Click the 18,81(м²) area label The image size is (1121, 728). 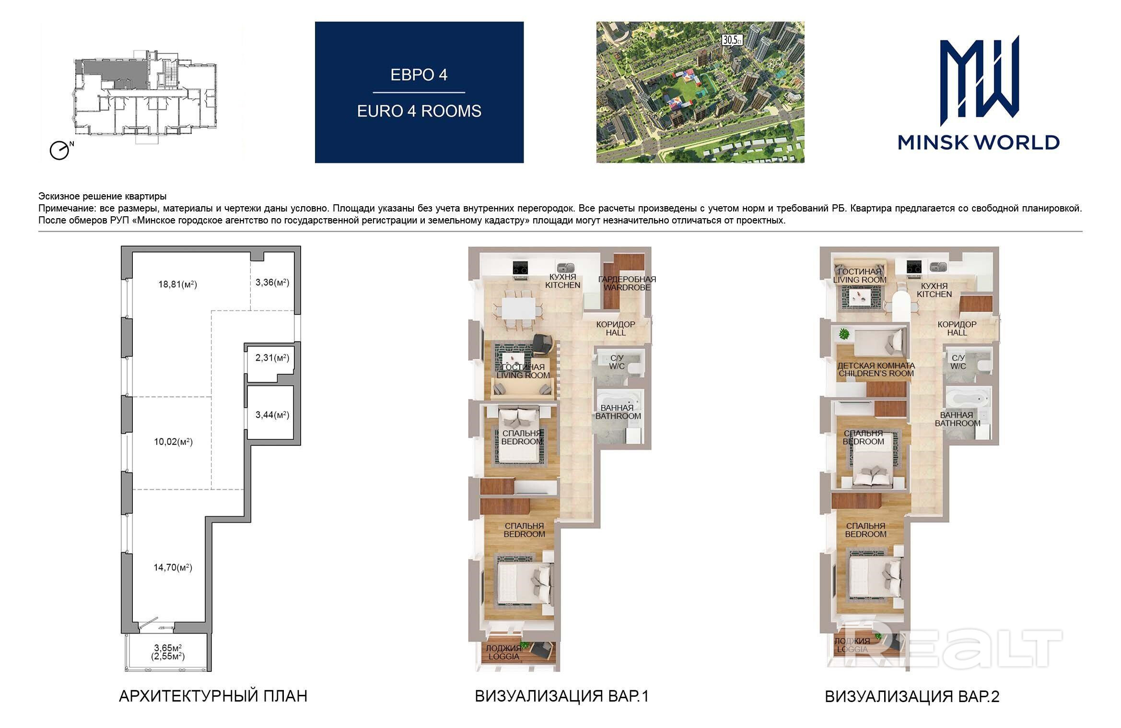177,284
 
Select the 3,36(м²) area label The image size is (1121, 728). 272,282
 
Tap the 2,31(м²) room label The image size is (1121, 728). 272,358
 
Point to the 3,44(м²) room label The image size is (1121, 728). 272,415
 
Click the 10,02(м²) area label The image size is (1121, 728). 173,442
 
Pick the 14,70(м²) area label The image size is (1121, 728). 173,568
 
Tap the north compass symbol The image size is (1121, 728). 60,151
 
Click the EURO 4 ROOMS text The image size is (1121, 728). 419,111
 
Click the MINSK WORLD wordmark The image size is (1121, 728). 979,142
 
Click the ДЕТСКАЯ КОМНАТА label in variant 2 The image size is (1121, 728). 876,365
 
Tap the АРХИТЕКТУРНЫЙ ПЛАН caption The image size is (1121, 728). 213,696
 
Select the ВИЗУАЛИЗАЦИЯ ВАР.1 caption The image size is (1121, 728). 562,696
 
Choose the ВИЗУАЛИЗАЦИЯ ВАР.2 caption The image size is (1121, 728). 912,696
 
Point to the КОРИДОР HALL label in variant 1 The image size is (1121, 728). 616,329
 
